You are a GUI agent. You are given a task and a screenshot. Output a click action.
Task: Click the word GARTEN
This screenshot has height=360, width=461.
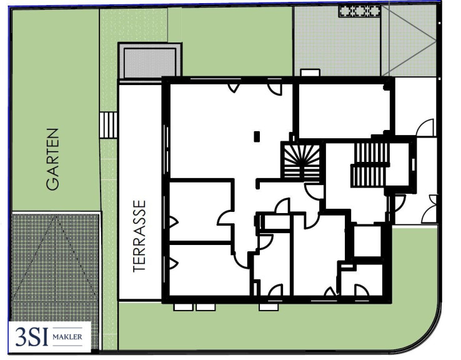53,159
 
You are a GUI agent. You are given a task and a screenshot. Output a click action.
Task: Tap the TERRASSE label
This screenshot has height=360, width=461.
139,236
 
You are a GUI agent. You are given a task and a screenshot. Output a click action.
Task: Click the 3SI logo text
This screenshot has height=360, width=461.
31,336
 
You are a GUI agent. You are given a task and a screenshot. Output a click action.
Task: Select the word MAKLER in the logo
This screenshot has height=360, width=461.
67,336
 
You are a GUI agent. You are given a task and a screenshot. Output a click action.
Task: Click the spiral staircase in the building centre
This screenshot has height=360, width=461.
301,161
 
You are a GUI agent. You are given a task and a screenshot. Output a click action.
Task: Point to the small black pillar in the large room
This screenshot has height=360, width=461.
257,136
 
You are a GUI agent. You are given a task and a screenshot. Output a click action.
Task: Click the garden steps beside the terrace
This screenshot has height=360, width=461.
108,125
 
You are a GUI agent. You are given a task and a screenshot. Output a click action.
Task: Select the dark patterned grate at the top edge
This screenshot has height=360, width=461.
360,11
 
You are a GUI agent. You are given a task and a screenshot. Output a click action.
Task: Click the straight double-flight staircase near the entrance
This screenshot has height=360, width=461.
370,164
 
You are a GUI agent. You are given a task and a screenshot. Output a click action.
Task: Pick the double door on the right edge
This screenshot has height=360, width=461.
430,209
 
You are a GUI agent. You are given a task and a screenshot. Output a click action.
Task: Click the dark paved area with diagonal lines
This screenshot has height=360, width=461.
55,265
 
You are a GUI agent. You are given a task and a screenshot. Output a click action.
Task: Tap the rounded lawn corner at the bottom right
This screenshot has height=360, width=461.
424,332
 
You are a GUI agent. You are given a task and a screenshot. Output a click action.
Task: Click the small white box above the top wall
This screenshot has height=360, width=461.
310,72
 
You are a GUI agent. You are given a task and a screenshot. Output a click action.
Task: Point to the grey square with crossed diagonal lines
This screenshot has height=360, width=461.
409,41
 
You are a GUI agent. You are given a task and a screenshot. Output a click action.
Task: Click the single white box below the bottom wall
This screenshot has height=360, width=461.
269,307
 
